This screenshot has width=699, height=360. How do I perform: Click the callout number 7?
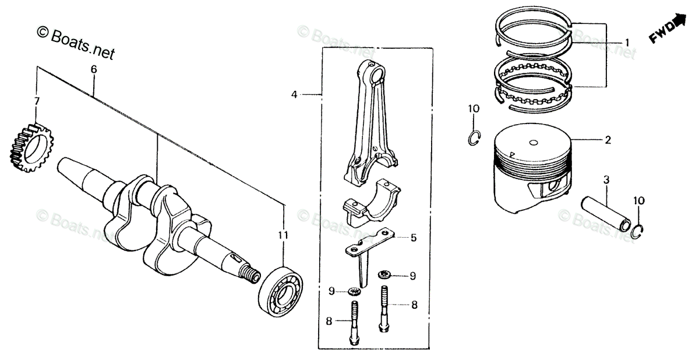click(x=37, y=102)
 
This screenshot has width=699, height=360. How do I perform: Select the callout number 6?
click(x=93, y=69)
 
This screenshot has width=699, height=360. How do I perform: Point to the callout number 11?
click(x=283, y=235)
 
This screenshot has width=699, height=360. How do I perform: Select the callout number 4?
click(x=294, y=94)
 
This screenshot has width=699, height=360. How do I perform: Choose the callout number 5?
click(x=413, y=238)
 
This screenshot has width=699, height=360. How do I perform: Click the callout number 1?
click(x=627, y=43)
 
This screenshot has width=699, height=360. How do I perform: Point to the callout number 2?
click(x=608, y=140)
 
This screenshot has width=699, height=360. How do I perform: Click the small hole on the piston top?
click(x=534, y=143)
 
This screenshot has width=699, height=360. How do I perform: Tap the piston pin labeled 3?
click(x=606, y=213)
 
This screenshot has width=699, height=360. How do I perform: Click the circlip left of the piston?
click(x=474, y=137)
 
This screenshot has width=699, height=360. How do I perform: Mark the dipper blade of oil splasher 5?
click(x=364, y=269)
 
